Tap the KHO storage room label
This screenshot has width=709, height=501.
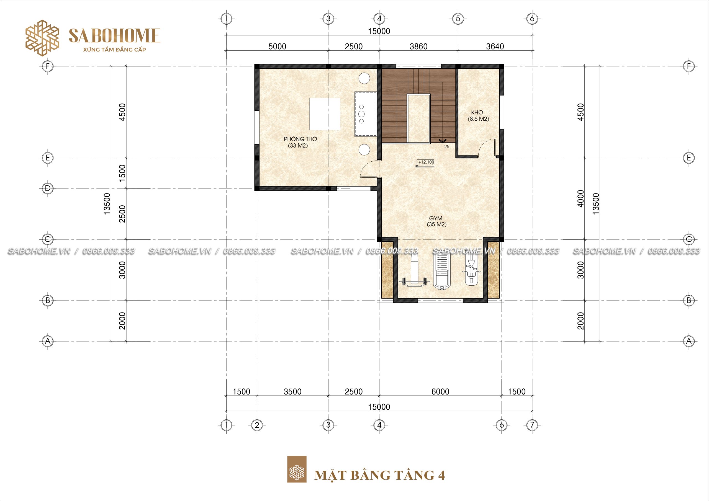[478, 115]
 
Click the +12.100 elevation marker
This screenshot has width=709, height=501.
[426, 162]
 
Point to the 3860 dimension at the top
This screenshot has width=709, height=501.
[418, 46]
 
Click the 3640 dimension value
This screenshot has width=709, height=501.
[495, 46]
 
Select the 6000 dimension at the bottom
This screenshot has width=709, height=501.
[440, 391]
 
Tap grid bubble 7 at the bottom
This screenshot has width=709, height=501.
[532, 425]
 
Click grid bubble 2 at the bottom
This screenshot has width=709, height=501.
[257, 425]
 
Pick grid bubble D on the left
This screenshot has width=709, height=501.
[48, 188]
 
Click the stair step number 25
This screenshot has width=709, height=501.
[446, 147]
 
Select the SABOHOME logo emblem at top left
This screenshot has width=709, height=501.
[42, 38]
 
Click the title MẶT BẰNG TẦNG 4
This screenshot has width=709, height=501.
[379, 475]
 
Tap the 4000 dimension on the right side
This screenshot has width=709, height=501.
[580, 198]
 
